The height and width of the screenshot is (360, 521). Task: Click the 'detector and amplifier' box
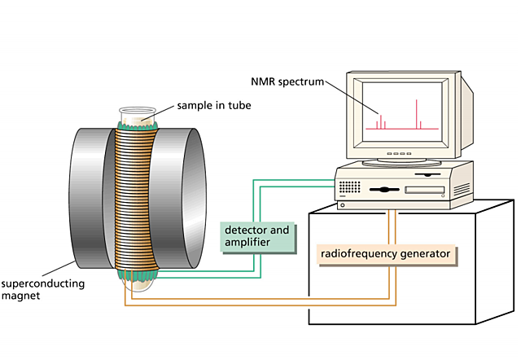click(257, 237)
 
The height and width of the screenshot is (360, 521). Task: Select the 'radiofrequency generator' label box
click(386, 254)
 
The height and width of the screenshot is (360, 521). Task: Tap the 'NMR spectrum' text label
click(287, 81)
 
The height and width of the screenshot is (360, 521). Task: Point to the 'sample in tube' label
click(214, 106)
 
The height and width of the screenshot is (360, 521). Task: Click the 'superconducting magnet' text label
click(43, 289)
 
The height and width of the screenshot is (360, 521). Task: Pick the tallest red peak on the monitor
click(416, 114)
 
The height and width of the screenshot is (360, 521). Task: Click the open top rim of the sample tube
click(138, 110)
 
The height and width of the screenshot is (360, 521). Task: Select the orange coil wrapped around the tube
click(136, 199)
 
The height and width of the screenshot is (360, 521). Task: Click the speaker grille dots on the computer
click(349, 187)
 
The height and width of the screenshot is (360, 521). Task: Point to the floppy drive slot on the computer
click(425, 190)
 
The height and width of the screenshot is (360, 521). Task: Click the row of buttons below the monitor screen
click(400, 154)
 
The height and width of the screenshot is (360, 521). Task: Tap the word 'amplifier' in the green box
click(247, 243)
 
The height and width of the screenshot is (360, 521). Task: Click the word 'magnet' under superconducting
click(20, 296)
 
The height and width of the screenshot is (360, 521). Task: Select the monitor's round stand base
click(401, 163)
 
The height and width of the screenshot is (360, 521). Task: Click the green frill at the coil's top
click(137, 125)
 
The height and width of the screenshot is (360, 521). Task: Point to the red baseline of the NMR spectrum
click(402, 129)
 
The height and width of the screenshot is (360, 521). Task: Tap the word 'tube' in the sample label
click(239, 105)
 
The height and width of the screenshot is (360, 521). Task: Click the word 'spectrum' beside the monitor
click(301, 82)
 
